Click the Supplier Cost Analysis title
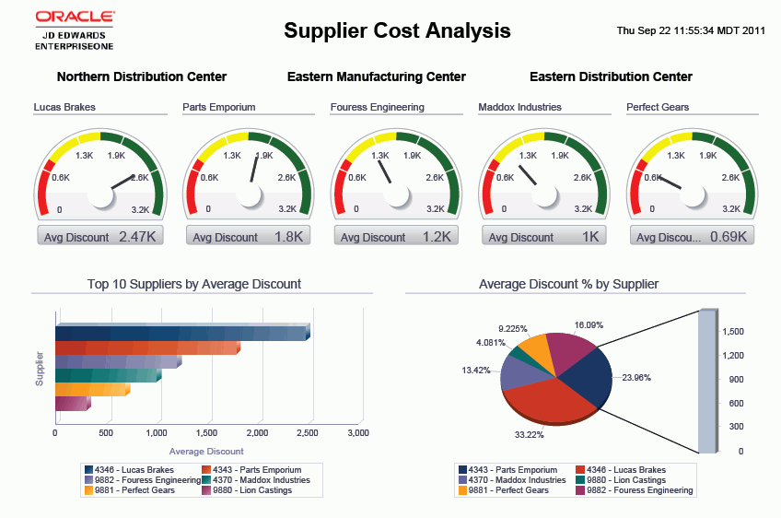pos(397,30)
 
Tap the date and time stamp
pos(691,30)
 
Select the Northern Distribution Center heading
pos(142,77)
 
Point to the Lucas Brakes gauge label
pos(64,107)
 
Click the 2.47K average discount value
pos(139,237)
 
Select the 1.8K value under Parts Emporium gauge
pos(289,237)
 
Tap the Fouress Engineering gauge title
pos(378,107)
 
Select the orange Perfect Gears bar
pos(91,390)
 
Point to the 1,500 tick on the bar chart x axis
pos(207,432)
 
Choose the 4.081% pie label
pos(491,343)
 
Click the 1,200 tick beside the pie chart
pos(733,355)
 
